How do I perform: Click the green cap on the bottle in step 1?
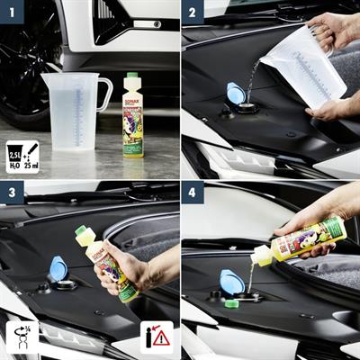tap(132, 76)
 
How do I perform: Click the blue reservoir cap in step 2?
tap(237, 94)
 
